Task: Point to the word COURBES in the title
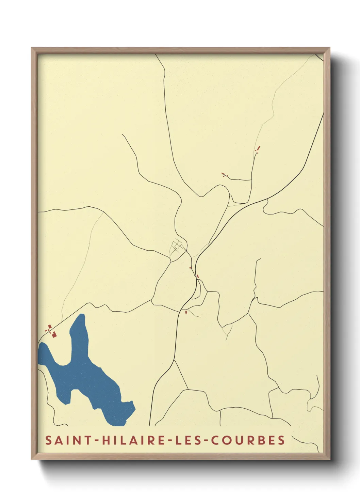click(248, 440)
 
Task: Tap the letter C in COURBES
click(215, 440)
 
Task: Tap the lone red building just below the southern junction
click(186, 312)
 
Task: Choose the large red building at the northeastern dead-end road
click(259, 148)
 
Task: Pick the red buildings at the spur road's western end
click(224, 175)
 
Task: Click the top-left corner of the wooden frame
click(32, 48)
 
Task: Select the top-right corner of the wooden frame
click(329, 48)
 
